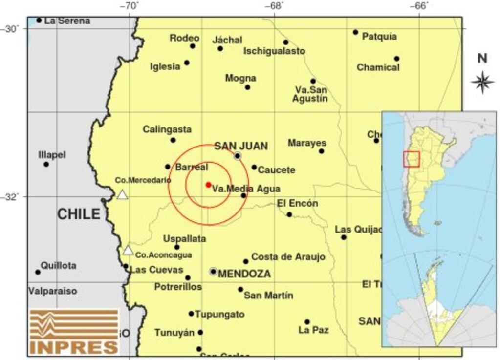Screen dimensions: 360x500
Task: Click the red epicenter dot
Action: [x=208, y=185]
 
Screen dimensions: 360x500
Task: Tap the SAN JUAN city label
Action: [x=241, y=146]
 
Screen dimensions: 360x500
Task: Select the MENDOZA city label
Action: [x=244, y=274]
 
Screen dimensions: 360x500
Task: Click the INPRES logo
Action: [x=74, y=332]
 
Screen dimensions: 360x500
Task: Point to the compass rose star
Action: [x=482, y=82]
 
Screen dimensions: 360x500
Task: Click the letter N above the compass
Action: [x=482, y=59]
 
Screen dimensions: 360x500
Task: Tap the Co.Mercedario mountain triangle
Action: [x=122, y=195]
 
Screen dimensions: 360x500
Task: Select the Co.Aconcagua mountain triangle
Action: [x=128, y=251]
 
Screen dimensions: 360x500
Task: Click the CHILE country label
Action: [x=79, y=214]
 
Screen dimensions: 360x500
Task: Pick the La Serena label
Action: [x=67, y=21]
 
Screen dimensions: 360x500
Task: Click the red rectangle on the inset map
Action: [x=411, y=159]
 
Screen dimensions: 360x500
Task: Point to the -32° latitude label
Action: [x=10, y=196]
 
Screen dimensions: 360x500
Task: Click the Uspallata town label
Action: [x=184, y=239]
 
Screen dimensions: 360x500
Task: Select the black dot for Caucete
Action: [x=254, y=167]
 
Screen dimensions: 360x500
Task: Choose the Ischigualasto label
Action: [x=274, y=51]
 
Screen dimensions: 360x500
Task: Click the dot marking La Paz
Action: [x=307, y=322]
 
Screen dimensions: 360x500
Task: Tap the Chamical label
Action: [x=378, y=67]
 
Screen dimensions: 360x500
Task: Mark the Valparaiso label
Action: [x=52, y=291]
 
